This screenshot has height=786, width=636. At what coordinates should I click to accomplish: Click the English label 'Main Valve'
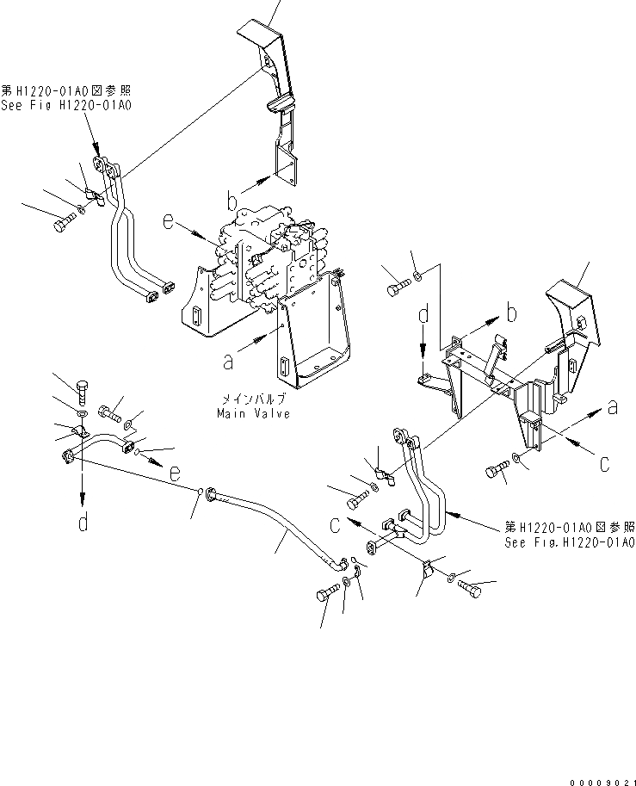[x=254, y=413]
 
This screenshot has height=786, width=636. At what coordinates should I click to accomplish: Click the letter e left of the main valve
[x=170, y=224]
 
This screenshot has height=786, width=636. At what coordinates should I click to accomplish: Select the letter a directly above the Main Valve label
[x=228, y=362]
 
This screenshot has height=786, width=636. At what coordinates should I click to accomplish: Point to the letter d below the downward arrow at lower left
[x=83, y=523]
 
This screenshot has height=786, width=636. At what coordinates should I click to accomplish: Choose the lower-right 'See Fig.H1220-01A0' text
[x=570, y=543]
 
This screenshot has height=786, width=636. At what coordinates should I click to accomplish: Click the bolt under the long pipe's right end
[x=330, y=593]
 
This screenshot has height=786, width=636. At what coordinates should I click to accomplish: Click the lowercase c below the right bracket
[x=605, y=464]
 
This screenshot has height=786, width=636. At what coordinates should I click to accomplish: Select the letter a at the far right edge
[x=612, y=407]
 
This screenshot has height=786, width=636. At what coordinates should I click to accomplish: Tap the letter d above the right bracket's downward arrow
[x=423, y=316]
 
